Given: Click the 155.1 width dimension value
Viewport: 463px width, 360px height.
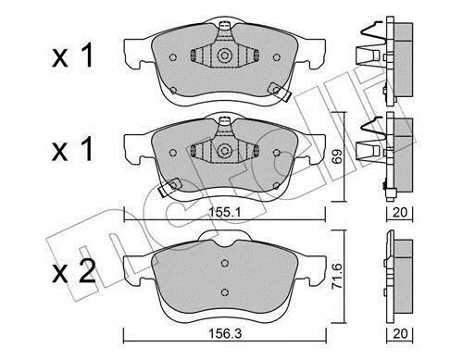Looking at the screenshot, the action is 224,212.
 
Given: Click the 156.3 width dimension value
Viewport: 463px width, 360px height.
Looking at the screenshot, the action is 225,333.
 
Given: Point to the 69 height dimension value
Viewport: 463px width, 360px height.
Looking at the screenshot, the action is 338,156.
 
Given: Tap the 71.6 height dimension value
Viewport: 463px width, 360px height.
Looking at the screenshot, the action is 337,276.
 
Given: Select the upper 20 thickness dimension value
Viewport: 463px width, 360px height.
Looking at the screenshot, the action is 400,212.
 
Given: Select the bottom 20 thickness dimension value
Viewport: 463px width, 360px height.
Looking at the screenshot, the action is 400,333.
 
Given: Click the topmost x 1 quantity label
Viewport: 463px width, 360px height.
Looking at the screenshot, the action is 72,56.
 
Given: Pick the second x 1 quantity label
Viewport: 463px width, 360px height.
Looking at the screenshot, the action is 72,150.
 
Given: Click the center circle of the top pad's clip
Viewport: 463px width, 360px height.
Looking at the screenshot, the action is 224,56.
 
